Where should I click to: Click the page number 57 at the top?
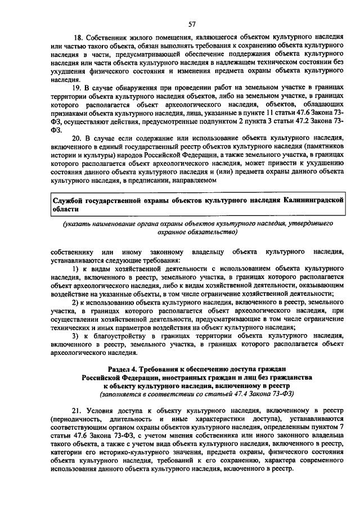pos(191,25)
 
